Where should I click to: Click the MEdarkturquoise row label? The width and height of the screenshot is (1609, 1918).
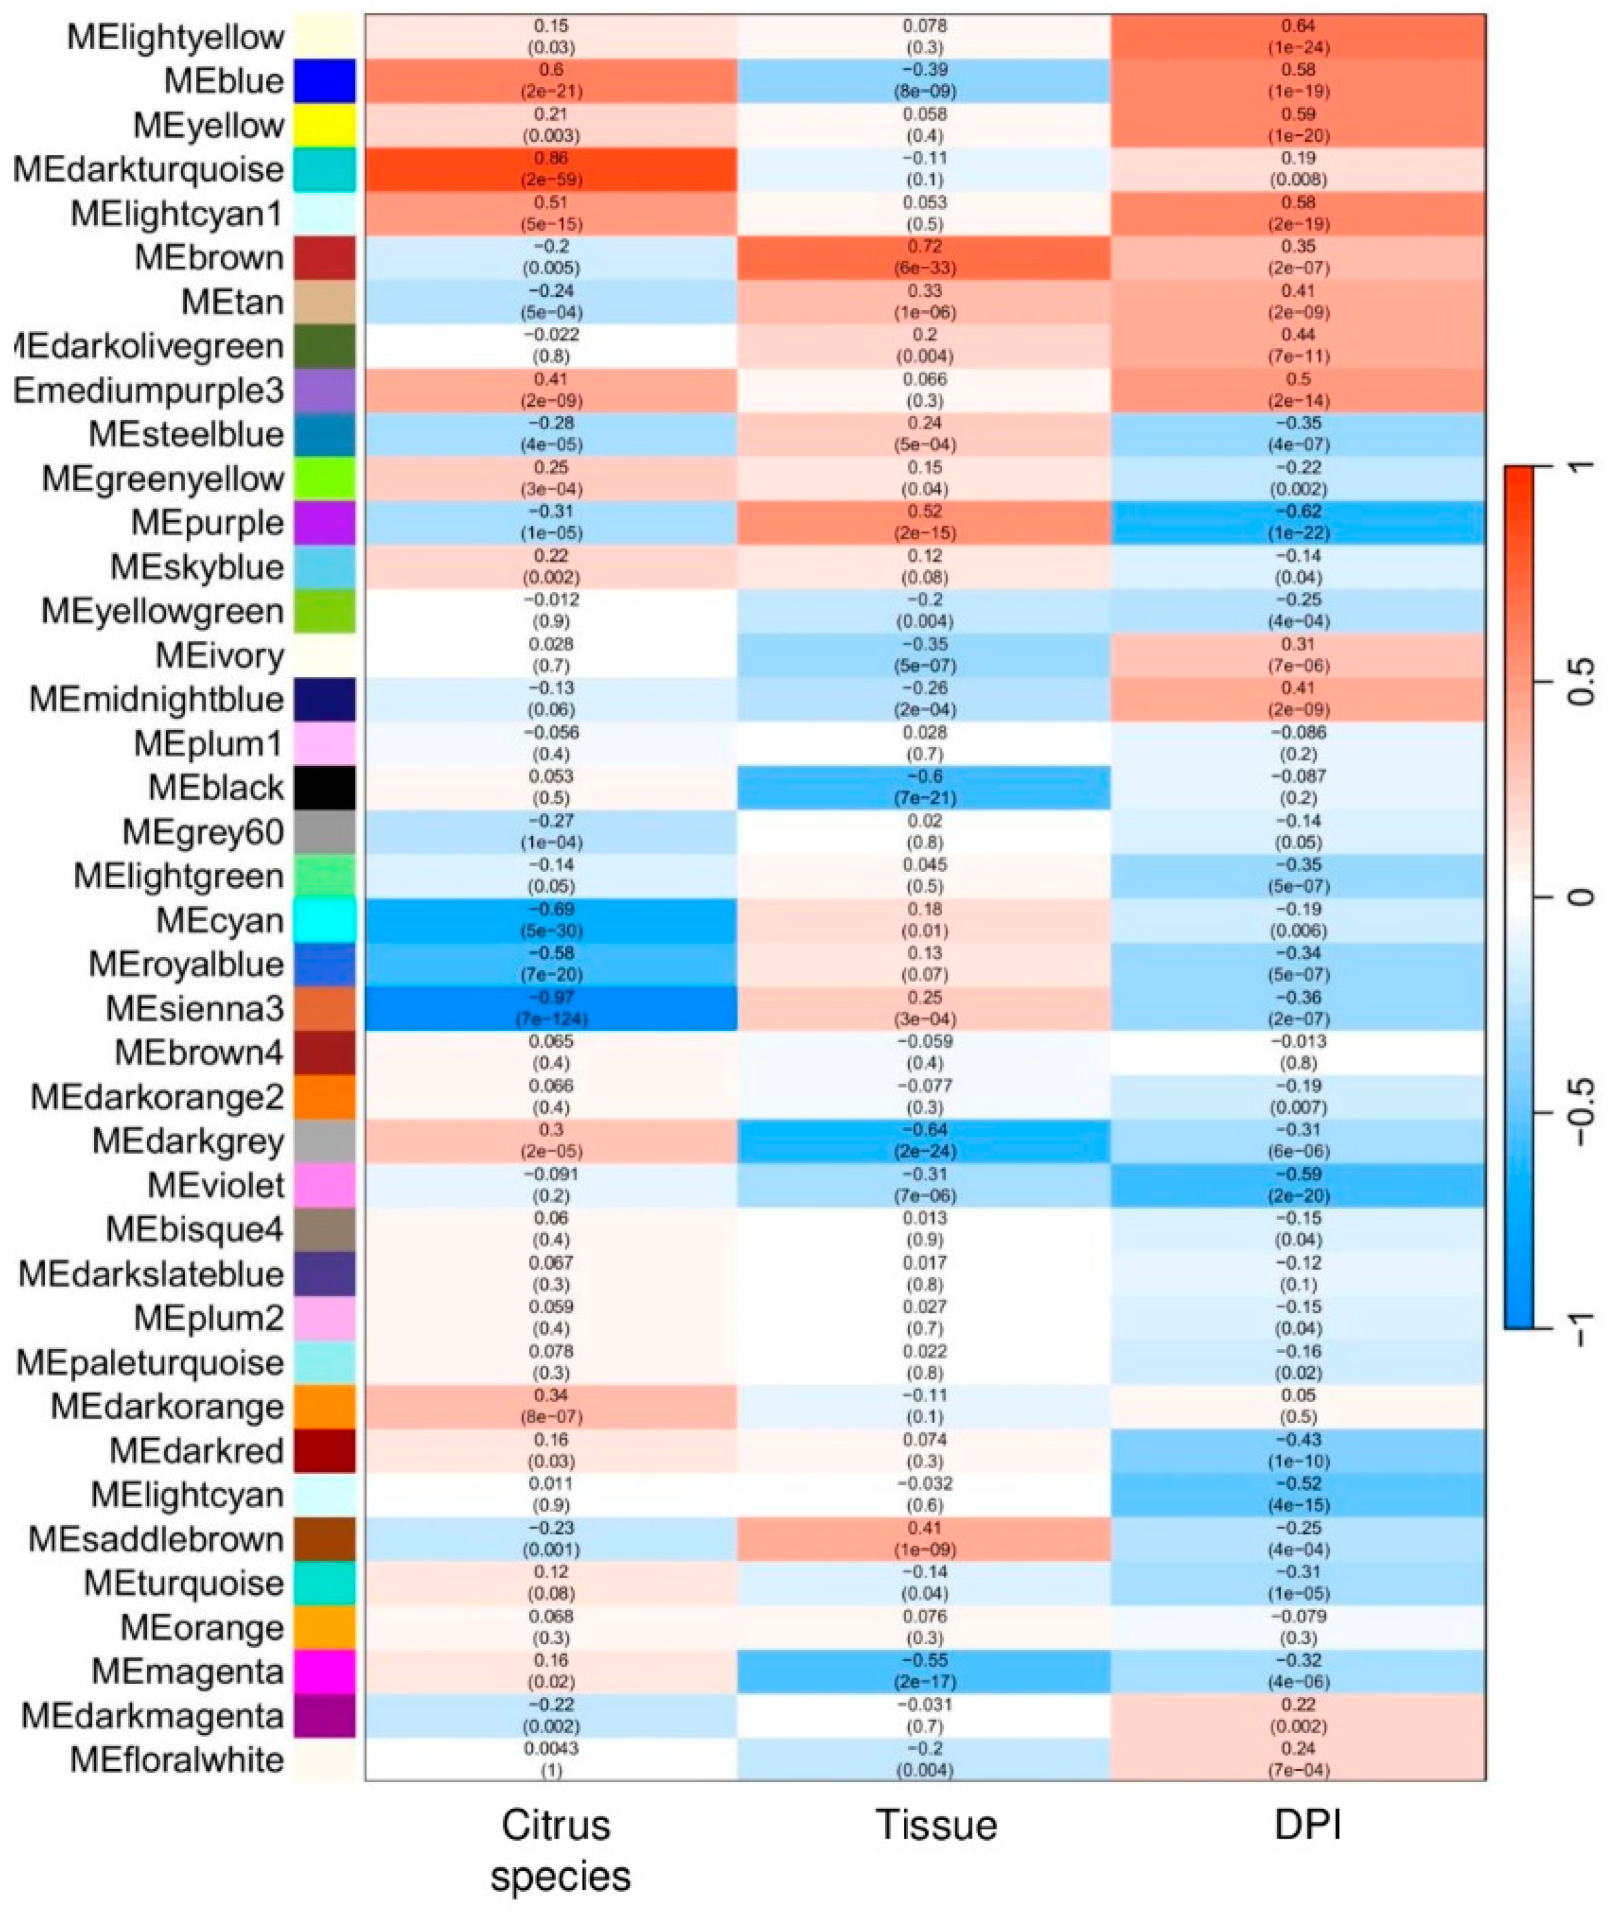point(148,170)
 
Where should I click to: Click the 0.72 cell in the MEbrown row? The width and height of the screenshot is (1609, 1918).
point(924,257)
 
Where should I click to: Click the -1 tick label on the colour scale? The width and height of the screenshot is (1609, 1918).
point(1585,1327)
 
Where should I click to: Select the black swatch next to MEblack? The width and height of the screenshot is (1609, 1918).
point(324,787)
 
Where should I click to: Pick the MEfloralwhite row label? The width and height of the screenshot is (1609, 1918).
point(177,1759)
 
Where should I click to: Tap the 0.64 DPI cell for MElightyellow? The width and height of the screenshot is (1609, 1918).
point(1298,36)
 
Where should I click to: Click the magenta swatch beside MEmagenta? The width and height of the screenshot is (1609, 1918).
point(324,1670)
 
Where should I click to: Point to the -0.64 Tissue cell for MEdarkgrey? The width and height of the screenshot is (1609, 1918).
point(924,1140)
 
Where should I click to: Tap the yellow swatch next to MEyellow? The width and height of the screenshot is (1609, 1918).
point(324,125)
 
